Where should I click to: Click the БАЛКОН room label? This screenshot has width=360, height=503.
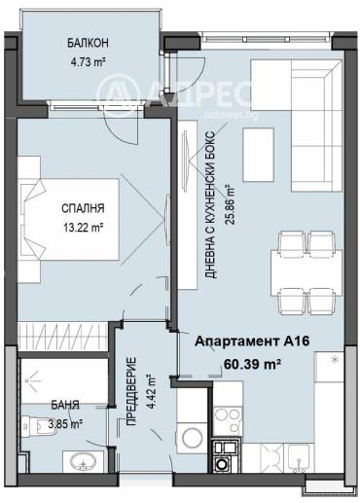pyautogui.click(x=88, y=43)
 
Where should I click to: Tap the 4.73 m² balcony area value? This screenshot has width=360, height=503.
pyautogui.click(x=89, y=61)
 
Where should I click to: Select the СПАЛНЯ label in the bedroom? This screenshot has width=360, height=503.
pyautogui.click(x=83, y=208)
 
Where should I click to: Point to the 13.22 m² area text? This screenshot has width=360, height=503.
pyautogui.click(x=83, y=228)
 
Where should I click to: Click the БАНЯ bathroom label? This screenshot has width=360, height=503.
pyautogui.click(x=65, y=405)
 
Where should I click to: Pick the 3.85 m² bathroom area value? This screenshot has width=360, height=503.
pyautogui.click(x=65, y=423)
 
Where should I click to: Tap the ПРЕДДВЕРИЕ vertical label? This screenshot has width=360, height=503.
pyautogui.click(x=130, y=391)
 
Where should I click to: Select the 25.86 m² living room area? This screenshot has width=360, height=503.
pyautogui.click(x=230, y=204)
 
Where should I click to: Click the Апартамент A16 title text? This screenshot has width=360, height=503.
pyautogui.click(x=252, y=341)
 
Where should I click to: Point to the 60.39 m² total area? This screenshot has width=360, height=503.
pyautogui.click(x=252, y=364)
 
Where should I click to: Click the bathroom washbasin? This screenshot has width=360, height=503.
pyautogui.click(x=83, y=461)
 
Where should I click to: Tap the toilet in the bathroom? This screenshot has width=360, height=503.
pyautogui.click(x=35, y=425)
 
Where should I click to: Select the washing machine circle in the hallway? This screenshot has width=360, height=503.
pyautogui.click(x=193, y=438)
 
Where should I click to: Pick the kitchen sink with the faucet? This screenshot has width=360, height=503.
pyautogui.click(x=299, y=458)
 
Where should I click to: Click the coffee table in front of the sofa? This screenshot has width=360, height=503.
pyautogui.click(x=259, y=155)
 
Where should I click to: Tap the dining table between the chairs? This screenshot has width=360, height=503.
pyautogui.click(x=306, y=272)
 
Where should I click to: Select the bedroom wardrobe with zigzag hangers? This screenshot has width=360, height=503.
pyautogui.click(x=62, y=337)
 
